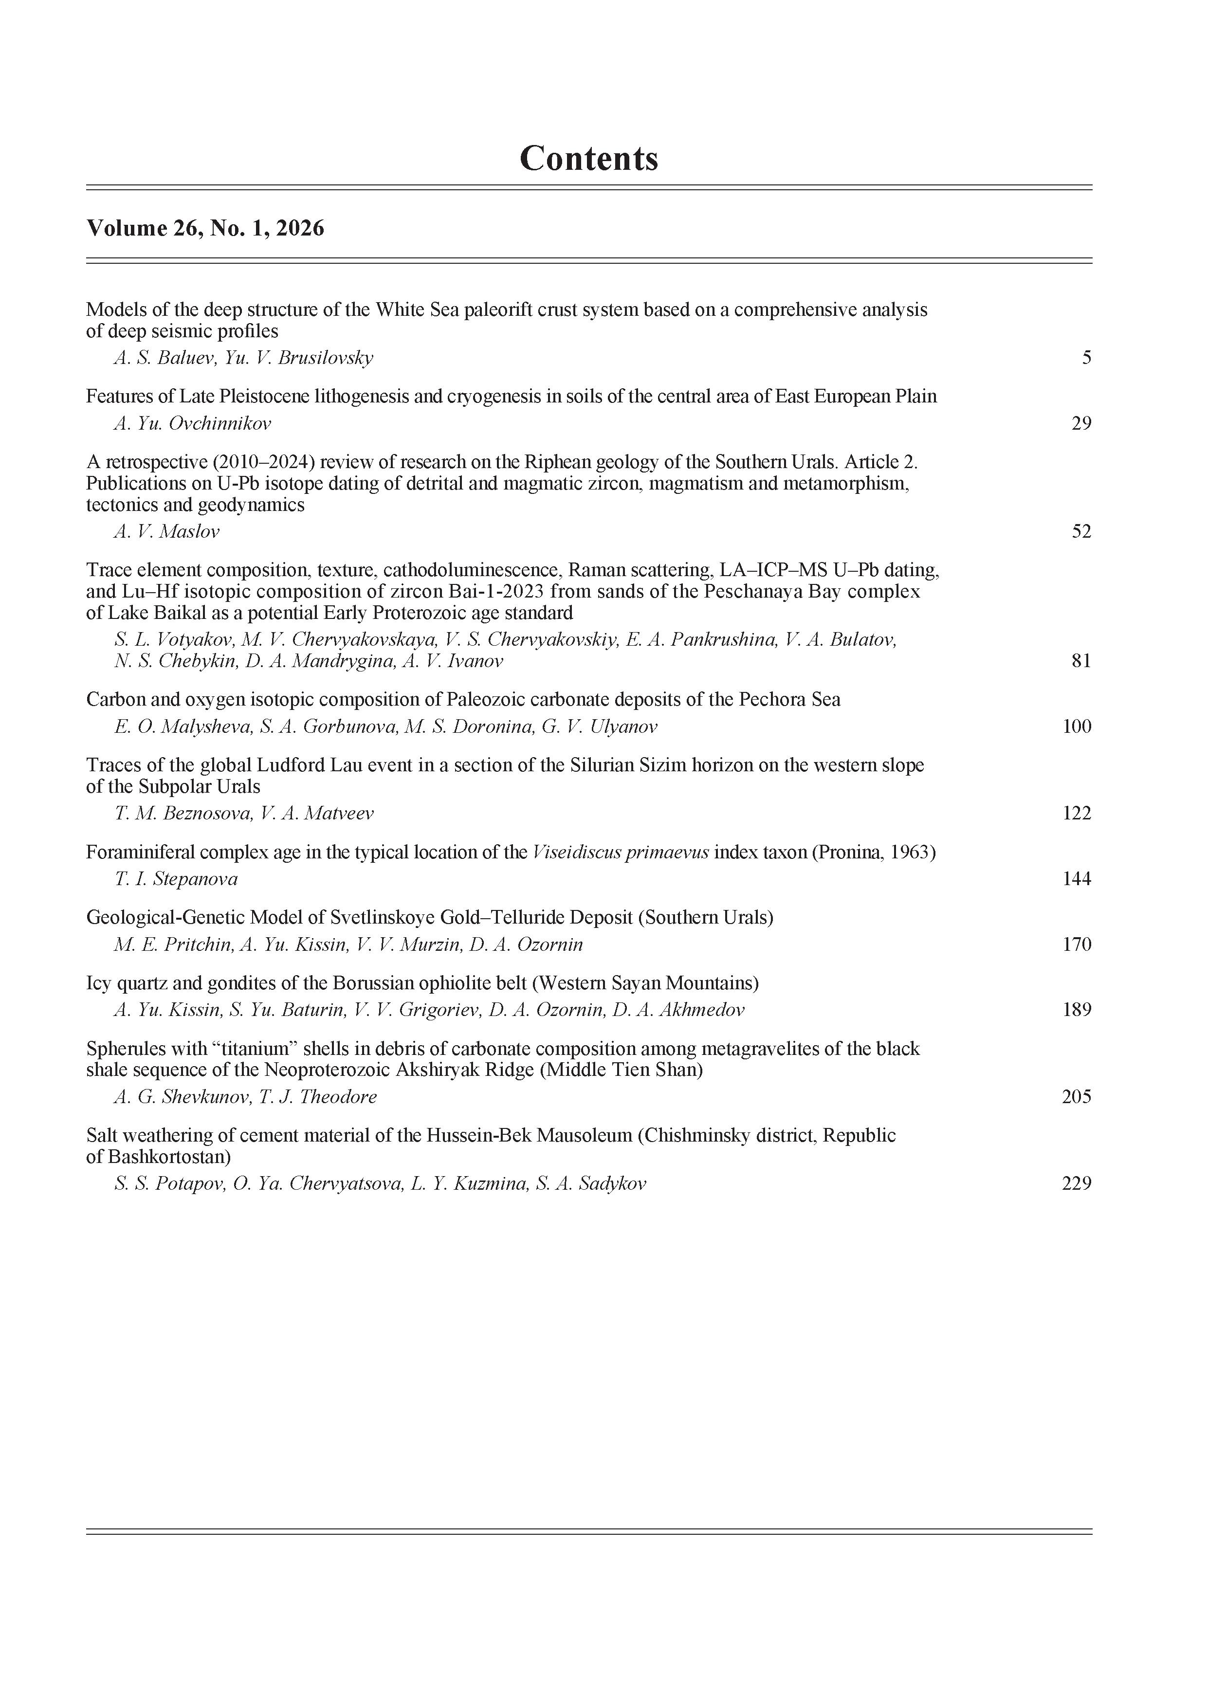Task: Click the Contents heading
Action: point(588,158)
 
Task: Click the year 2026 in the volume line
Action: point(300,228)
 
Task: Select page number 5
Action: point(1086,358)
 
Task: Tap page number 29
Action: point(1081,424)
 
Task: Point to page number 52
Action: point(1081,531)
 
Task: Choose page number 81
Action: point(1081,661)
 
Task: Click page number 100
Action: point(1077,726)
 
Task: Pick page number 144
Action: point(1077,879)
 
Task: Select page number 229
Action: point(1077,1183)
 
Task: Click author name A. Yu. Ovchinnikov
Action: point(192,424)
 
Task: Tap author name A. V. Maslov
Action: point(166,531)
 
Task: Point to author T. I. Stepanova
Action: point(176,879)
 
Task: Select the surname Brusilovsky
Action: point(325,358)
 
